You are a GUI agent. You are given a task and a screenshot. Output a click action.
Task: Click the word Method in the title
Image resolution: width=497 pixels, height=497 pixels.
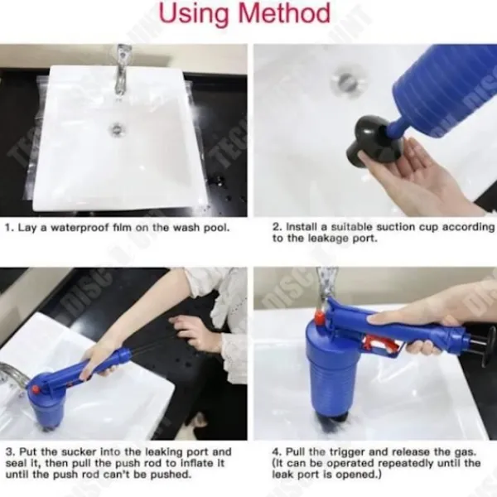284,13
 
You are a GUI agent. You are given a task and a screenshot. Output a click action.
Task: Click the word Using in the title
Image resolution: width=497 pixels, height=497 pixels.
194,14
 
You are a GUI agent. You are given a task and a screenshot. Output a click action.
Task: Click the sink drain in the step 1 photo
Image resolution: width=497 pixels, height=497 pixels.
117,129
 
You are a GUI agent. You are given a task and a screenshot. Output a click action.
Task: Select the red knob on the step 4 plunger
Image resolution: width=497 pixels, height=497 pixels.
319,317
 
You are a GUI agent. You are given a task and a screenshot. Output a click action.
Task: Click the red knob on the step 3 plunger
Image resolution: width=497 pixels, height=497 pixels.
34,389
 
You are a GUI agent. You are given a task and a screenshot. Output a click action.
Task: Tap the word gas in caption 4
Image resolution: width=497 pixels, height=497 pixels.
465,452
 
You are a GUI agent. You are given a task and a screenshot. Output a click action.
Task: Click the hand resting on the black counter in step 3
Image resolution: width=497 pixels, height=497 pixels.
192,333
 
